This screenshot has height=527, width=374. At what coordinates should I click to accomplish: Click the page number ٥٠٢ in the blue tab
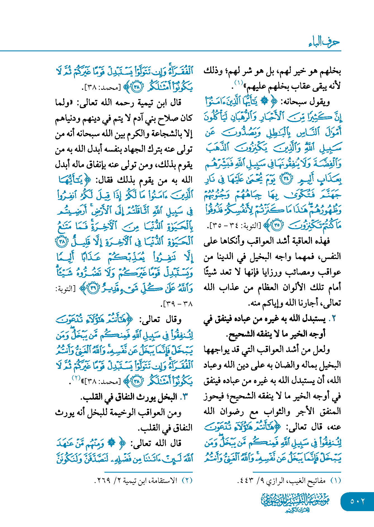(x=357, y=501)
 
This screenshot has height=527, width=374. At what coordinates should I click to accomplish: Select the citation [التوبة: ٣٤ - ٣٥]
(x=235, y=226)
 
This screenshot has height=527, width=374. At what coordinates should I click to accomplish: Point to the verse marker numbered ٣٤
(x=285, y=179)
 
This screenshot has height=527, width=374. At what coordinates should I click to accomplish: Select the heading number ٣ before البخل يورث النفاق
(x=184, y=397)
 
